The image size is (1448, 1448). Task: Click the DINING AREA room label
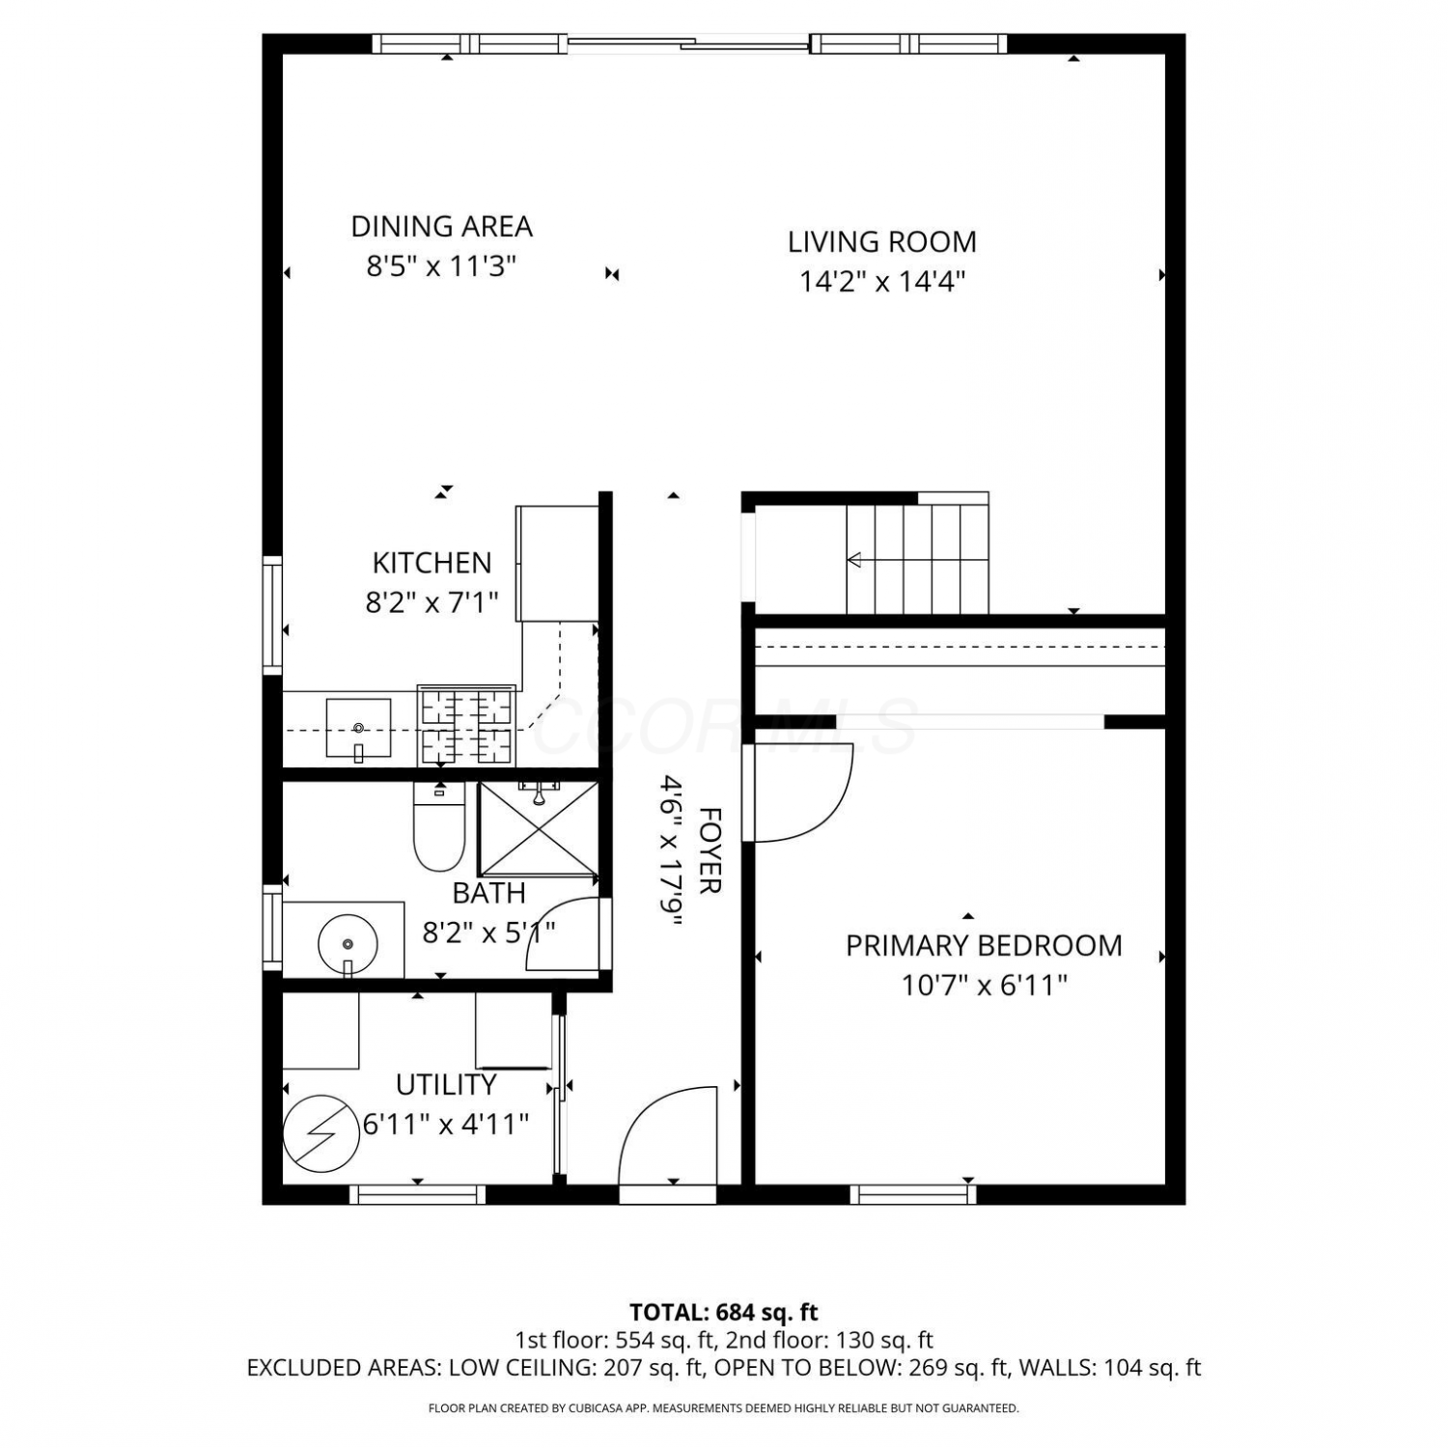pyautogui.click(x=441, y=227)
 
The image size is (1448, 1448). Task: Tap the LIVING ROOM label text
pyautogui.click(x=882, y=241)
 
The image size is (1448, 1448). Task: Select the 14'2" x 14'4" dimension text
pyautogui.click(x=882, y=281)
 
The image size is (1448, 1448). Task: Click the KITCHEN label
pyautogui.click(x=432, y=563)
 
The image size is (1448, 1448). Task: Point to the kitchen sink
pyautogui.click(x=358, y=729)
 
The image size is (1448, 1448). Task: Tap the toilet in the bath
pyautogui.click(x=439, y=826)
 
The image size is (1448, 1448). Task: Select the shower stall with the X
pyautogui.click(x=538, y=828)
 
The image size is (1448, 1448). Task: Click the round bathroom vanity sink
pyautogui.click(x=348, y=942)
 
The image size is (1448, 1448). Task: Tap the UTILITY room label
pyautogui.click(x=446, y=1085)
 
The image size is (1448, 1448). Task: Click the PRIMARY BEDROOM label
pyautogui.click(x=984, y=945)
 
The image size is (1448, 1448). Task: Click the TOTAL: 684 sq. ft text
pyautogui.click(x=724, y=1313)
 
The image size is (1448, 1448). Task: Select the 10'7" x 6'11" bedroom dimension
pyautogui.click(x=984, y=986)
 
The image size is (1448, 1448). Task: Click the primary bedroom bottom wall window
pyautogui.click(x=913, y=1194)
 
